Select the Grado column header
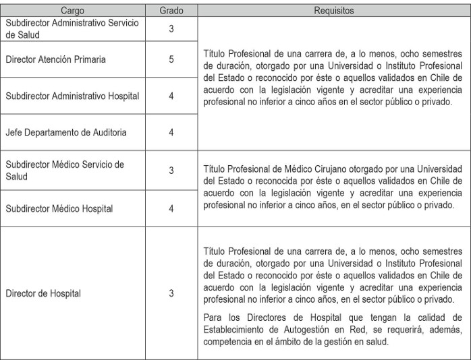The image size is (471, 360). tap(171, 11)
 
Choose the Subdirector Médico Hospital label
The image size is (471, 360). tap(59, 209)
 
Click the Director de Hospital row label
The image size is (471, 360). tap(43, 293)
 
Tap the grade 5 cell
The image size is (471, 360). tap(171, 60)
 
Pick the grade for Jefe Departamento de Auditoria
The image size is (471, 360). tap(171, 132)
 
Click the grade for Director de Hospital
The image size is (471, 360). tap(171, 293)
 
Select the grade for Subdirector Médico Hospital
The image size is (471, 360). tap(171, 209)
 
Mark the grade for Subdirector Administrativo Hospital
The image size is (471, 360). tap(171, 96)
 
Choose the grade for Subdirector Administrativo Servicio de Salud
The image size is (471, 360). tap(171, 28)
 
